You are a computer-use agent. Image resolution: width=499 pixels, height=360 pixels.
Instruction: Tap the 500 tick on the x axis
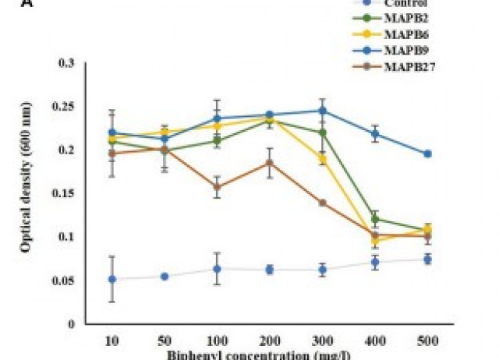(427, 341)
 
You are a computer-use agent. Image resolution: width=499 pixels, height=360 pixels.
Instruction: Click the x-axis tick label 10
(111, 341)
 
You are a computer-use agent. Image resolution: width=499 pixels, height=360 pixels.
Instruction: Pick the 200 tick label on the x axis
(269, 341)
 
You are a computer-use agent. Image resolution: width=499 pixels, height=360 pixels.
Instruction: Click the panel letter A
(6, 3)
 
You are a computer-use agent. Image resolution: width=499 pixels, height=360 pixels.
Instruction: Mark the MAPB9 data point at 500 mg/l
(427, 154)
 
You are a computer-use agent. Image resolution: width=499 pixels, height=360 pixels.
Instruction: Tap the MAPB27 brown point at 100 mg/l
(217, 187)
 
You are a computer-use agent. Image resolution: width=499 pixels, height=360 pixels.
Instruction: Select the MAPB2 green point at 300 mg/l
(322, 132)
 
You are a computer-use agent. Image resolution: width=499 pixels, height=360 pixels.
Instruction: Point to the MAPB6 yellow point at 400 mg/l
(375, 241)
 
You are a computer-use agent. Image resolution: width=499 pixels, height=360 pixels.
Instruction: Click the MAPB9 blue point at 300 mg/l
(322, 111)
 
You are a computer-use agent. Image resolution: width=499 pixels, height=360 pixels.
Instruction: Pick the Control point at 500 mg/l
(427, 259)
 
